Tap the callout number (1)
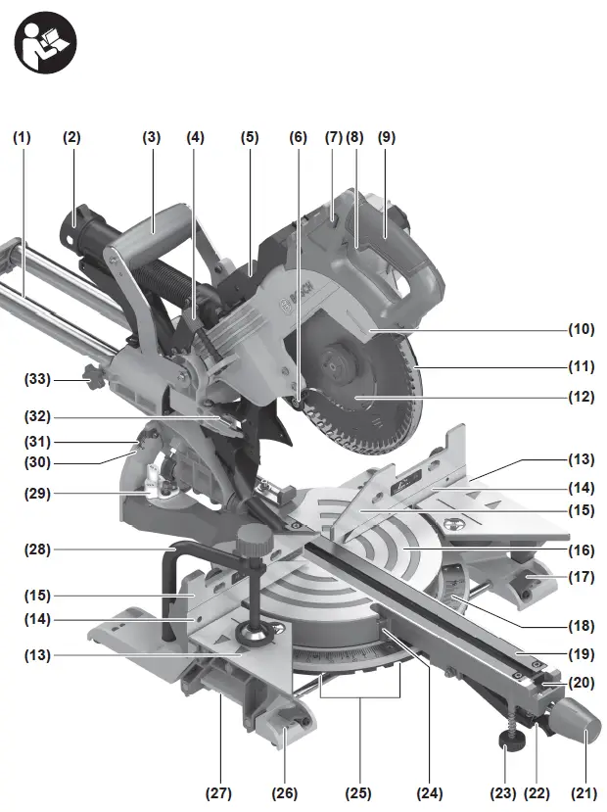(x=22, y=138)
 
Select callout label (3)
(x=151, y=138)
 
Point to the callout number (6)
(x=298, y=138)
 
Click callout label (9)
(x=387, y=138)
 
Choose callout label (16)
(x=582, y=551)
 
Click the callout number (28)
(x=39, y=549)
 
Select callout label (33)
(x=39, y=378)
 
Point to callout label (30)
(x=39, y=462)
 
